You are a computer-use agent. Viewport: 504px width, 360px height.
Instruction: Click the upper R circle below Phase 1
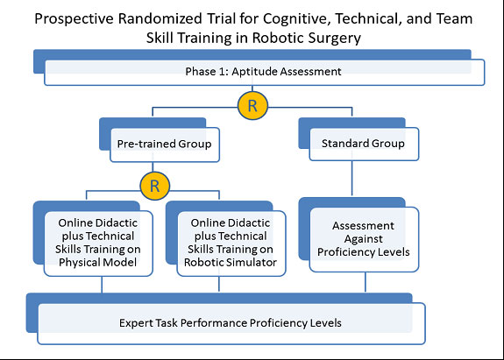coord(252,106)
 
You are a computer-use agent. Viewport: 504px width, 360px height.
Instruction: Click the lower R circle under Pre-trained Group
coord(154,186)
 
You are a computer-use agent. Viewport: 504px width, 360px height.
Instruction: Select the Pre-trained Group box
coord(165,145)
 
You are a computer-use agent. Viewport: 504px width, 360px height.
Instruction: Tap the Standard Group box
coord(364,144)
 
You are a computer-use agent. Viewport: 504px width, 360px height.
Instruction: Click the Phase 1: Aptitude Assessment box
coord(264,72)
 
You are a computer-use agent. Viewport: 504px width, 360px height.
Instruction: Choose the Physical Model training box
coord(98,244)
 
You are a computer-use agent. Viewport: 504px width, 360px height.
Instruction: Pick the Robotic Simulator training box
coord(231,244)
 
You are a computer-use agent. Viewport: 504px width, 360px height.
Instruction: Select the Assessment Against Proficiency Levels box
coord(364,239)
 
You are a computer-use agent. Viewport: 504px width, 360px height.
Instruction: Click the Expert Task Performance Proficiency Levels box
coord(231,323)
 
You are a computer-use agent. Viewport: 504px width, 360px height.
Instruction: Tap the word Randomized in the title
coord(160,18)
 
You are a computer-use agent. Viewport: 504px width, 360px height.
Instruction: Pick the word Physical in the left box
coord(79,263)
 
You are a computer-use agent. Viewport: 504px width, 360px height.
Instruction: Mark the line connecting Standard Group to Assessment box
coord(352,178)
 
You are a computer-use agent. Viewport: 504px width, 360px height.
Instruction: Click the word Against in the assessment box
coord(364,239)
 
